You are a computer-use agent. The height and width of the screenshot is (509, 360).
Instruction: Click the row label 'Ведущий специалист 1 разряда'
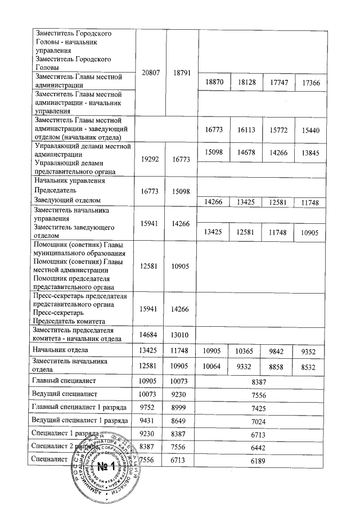[79, 421]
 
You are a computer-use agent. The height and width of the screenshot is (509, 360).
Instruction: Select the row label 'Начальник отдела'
[61, 350]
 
